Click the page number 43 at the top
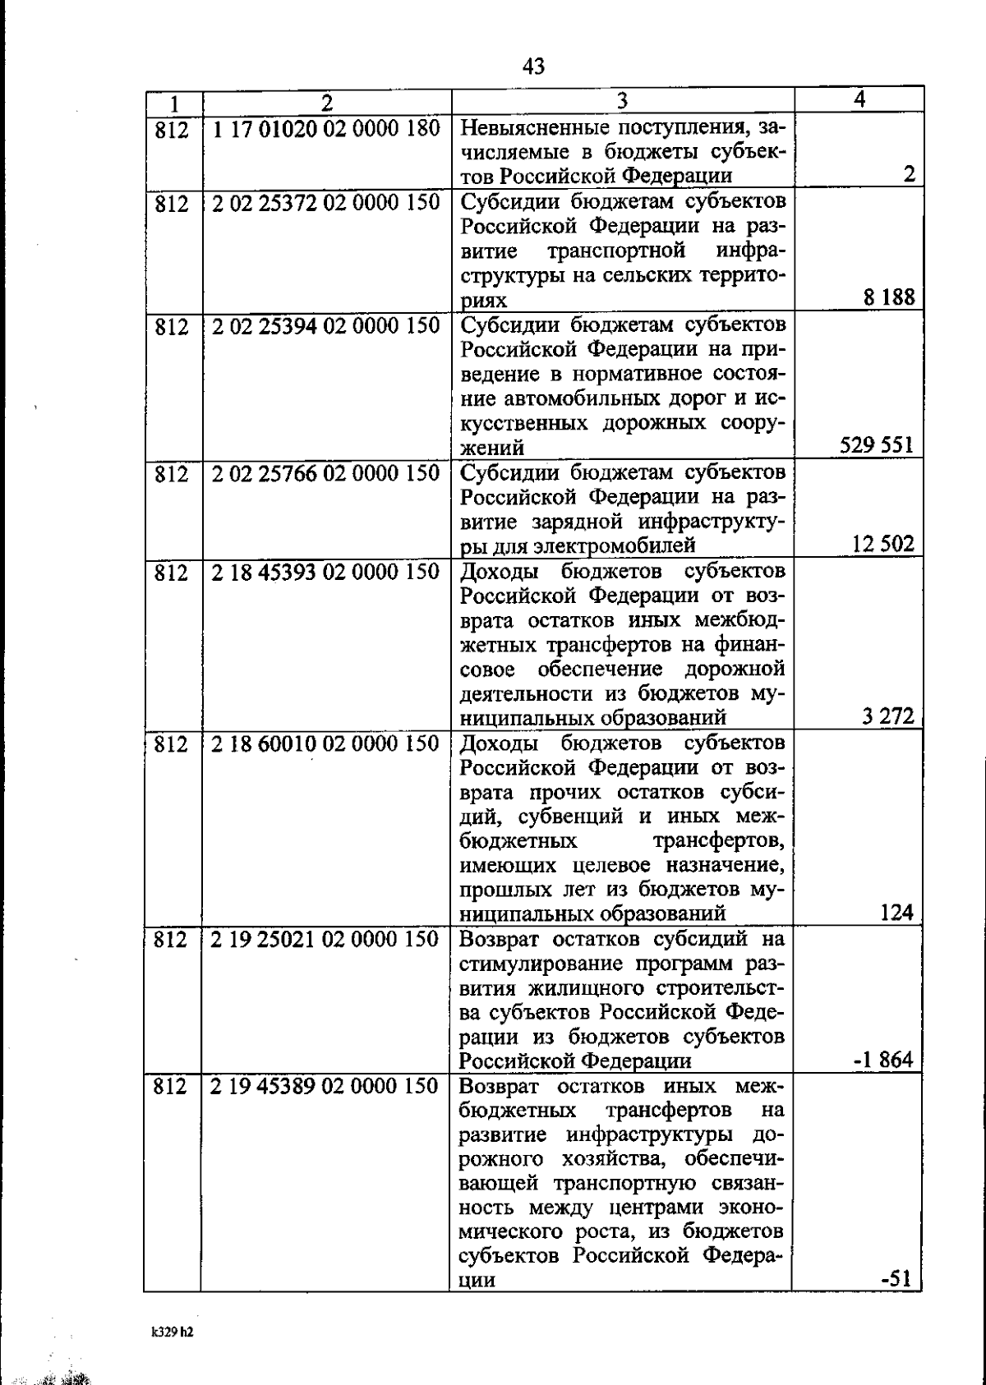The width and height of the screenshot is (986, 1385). [x=533, y=67]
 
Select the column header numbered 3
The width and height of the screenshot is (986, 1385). [x=622, y=100]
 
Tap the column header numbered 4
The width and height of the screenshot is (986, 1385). [x=859, y=99]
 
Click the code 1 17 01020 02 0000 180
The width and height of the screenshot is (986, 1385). [x=325, y=129]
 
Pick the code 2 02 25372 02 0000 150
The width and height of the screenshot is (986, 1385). [x=325, y=202]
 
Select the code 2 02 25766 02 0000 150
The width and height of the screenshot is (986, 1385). [x=325, y=473]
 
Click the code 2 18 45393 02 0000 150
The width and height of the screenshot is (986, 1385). [x=325, y=571]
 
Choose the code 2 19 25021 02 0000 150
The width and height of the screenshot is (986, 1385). [x=325, y=939]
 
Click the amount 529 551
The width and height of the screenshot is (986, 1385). [x=877, y=445]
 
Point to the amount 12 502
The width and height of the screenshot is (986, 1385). [x=882, y=544]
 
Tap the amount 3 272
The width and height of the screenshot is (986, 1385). [x=888, y=716]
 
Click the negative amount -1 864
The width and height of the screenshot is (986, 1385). [x=884, y=1060]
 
